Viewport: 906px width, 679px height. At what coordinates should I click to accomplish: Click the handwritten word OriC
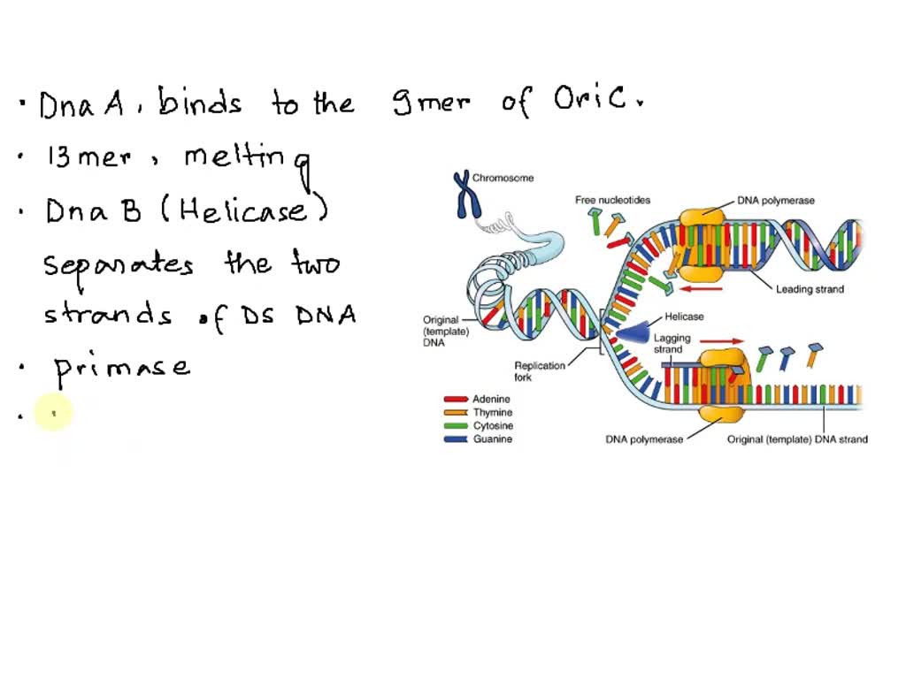click(592, 102)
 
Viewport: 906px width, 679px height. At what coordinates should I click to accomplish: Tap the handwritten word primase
click(122, 366)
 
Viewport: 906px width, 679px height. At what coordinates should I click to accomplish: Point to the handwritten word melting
click(248, 160)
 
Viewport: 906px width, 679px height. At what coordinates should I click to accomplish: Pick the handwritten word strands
click(108, 314)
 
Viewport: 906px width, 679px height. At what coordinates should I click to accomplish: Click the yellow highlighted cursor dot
click(53, 412)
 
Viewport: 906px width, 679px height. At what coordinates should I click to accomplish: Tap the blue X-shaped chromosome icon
click(462, 195)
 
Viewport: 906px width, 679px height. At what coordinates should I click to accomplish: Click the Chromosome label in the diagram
click(503, 178)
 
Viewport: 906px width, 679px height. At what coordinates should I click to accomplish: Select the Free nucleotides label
click(612, 200)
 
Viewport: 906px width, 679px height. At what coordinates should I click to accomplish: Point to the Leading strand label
click(810, 289)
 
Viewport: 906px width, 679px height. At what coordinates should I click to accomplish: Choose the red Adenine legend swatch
click(456, 400)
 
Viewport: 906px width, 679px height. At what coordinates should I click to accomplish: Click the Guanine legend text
click(493, 439)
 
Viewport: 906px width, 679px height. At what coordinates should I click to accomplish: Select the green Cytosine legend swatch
click(456, 426)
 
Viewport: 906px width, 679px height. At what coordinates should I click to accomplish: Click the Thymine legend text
click(493, 413)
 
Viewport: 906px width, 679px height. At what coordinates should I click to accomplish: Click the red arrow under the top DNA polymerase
click(705, 286)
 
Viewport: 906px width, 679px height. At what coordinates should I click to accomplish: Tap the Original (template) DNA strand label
click(797, 439)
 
